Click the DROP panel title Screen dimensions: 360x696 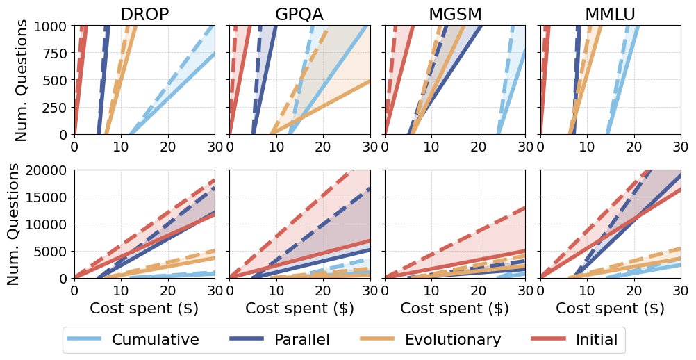tap(144, 15)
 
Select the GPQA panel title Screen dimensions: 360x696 tap(299, 15)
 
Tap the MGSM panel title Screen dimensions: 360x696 tap(455, 15)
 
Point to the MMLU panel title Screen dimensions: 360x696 tap(610, 15)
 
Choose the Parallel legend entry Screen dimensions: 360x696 tap(301, 340)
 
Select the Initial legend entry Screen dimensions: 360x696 tap(596, 340)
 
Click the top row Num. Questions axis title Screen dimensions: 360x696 tap(22, 80)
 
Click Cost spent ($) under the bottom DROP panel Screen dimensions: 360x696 tap(144, 309)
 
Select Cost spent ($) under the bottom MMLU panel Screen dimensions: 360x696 tap(610, 309)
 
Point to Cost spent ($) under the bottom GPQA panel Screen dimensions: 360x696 tap(299, 309)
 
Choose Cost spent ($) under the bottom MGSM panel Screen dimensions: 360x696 tap(455, 309)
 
